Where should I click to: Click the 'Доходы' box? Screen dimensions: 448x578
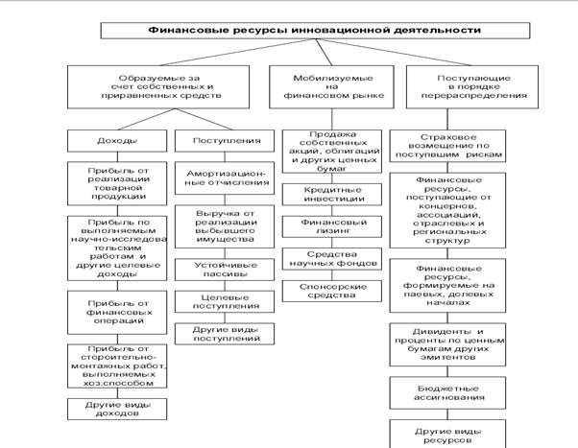click(x=113, y=141)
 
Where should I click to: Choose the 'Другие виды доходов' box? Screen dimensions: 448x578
click(x=113, y=408)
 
